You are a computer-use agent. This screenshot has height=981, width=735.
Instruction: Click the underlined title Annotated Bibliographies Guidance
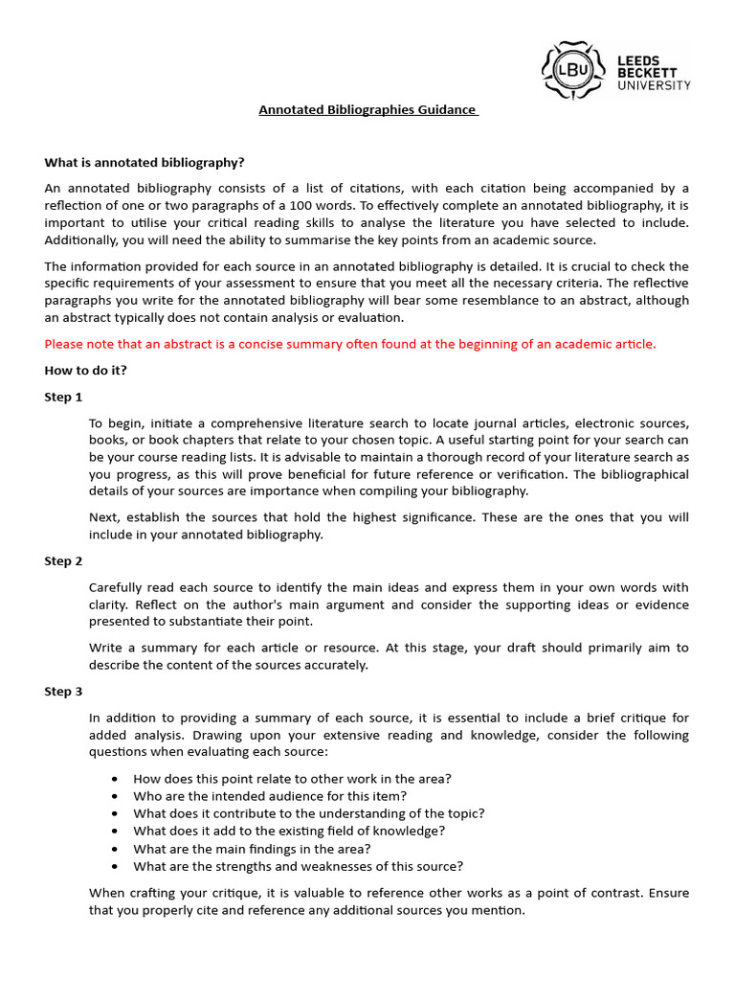click(x=367, y=110)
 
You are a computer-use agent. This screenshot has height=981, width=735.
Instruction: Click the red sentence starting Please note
click(x=350, y=344)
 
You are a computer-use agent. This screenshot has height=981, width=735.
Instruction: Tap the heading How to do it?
click(x=85, y=371)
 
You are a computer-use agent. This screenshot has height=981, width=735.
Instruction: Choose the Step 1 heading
click(x=64, y=397)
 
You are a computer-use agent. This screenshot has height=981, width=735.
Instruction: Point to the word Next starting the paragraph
click(x=104, y=517)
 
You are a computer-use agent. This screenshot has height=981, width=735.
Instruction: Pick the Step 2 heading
click(x=64, y=560)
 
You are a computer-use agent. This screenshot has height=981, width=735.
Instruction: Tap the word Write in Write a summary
click(x=106, y=648)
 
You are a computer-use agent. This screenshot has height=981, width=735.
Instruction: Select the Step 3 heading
click(x=64, y=691)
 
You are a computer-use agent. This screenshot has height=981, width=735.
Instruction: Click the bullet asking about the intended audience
click(x=270, y=795)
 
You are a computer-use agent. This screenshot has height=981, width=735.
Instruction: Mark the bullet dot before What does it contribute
click(x=116, y=813)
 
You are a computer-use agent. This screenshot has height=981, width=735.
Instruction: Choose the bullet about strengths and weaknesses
click(x=298, y=866)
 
